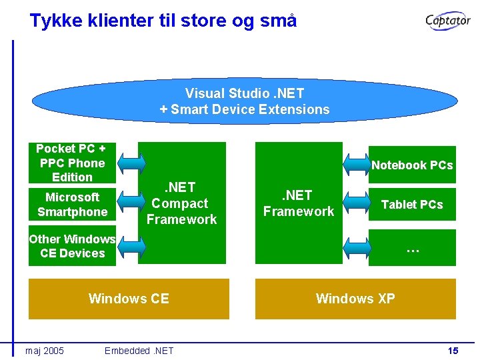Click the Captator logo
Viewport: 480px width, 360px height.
point(448,21)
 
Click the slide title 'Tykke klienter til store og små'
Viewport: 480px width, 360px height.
point(163,21)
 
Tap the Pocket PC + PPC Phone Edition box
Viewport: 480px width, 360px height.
point(72,163)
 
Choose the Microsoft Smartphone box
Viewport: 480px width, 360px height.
point(72,205)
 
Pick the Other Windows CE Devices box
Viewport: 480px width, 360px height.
point(72,246)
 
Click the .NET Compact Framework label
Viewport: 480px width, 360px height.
point(181,203)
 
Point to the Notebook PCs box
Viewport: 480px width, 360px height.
point(412,165)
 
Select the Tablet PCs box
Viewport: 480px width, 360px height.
point(412,205)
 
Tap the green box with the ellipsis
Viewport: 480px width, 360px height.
point(412,248)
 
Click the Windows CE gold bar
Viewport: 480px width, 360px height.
point(129,299)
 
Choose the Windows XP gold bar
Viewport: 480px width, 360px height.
point(355,299)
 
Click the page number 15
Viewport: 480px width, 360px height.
point(453,351)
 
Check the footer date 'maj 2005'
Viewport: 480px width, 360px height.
point(45,351)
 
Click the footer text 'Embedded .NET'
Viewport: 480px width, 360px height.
point(139,351)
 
